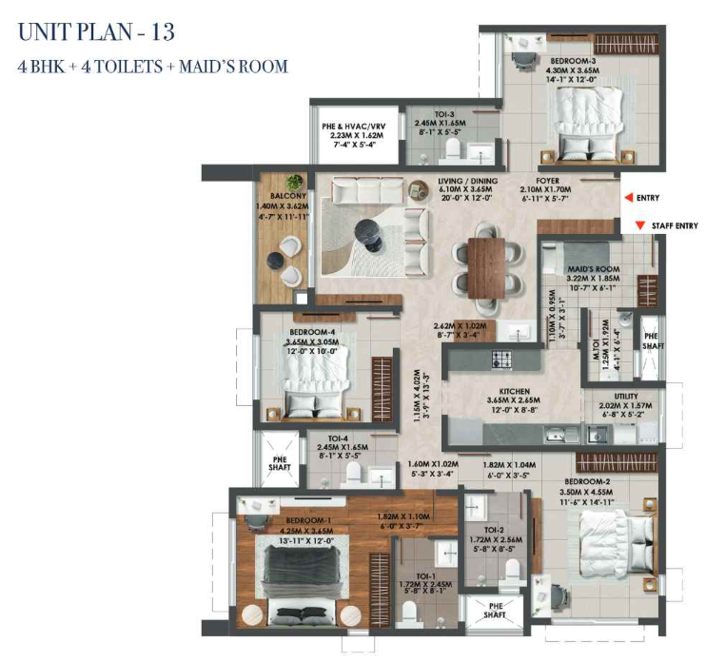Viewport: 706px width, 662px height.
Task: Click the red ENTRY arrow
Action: click(629, 198)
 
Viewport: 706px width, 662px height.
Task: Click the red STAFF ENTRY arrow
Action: click(639, 226)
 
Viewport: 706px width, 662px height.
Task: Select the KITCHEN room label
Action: click(514, 392)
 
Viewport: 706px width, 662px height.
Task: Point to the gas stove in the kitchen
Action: click(501, 360)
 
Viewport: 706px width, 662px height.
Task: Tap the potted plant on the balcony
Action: click(294, 182)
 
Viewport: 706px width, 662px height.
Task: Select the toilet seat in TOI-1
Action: click(409, 613)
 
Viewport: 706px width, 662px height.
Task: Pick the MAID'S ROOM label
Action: click(594, 269)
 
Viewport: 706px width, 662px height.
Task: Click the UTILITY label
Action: click(626, 396)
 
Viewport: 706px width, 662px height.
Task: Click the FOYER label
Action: click(547, 181)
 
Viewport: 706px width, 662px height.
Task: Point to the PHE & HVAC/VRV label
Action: click(353, 127)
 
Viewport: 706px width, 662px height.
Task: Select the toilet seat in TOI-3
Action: click(452, 149)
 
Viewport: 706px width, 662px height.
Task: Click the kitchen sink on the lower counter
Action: click(557, 435)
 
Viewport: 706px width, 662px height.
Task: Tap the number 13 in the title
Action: click(163, 32)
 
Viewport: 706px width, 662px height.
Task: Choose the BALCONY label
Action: click(288, 196)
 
